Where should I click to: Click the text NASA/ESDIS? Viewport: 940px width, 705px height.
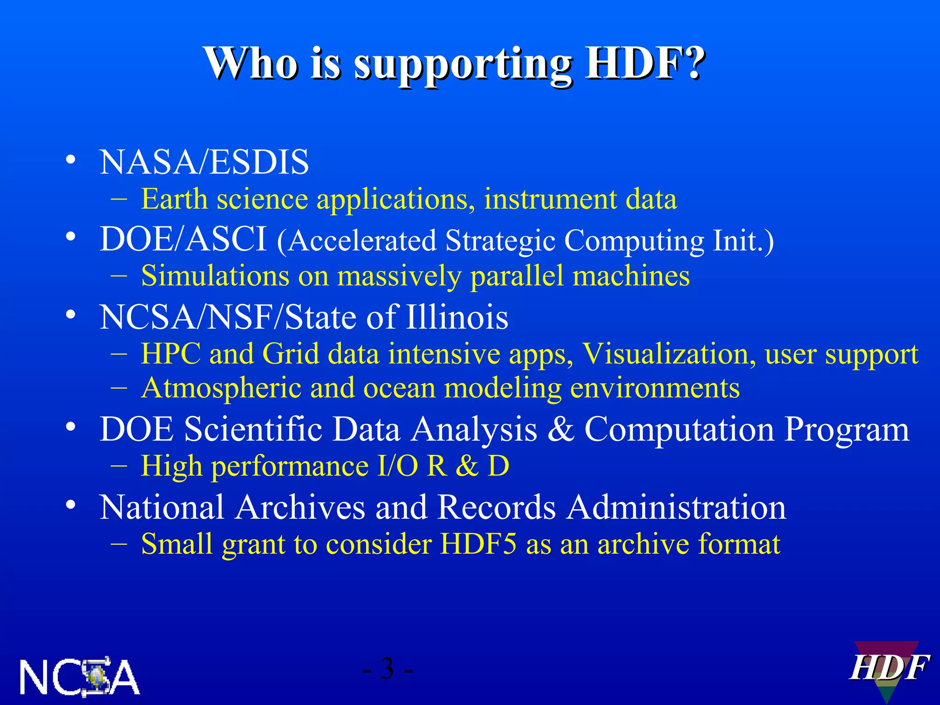click(x=204, y=162)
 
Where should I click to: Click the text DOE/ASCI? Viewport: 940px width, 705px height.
click(x=183, y=239)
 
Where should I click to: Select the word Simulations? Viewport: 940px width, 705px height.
click(x=215, y=276)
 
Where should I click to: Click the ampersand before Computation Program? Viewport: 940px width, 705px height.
click(x=560, y=430)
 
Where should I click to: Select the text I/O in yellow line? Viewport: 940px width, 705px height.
click(x=397, y=466)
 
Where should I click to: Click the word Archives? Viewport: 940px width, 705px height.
click(x=301, y=508)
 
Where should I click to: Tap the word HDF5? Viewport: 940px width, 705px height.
click(x=477, y=544)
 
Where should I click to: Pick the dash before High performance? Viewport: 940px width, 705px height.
click(x=119, y=465)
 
